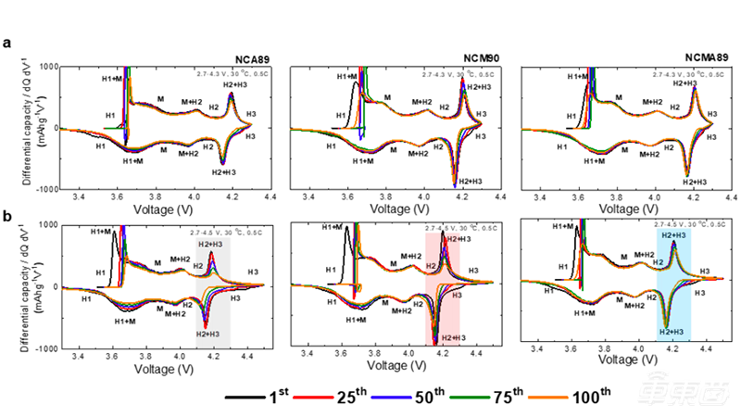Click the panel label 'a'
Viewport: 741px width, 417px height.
8,43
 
